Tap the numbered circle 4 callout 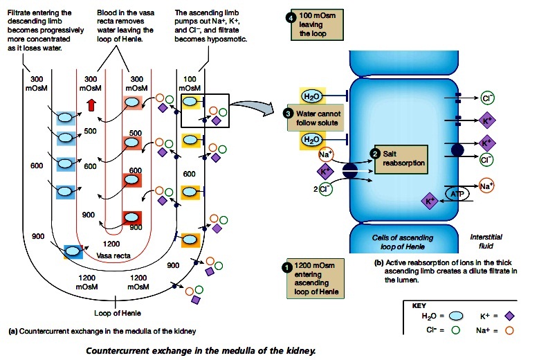tap(291, 18)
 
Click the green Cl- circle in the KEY tap(455, 331)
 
